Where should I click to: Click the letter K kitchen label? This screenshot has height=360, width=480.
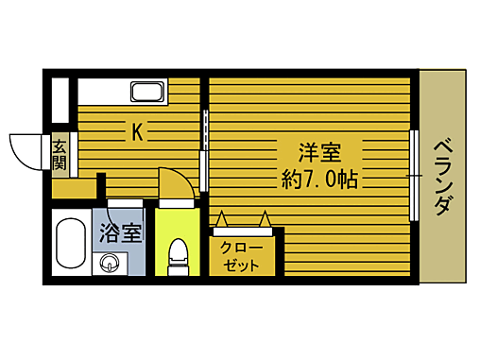[x=137, y=132]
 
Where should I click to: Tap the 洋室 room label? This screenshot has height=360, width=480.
[x=318, y=152]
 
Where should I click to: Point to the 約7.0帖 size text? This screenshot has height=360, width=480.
[x=318, y=179]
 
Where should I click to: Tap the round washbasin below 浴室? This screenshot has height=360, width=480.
[x=111, y=263]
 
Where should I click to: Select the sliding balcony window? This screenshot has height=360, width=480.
[x=414, y=176]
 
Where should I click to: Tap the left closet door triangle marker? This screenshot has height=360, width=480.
[x=223, y=217]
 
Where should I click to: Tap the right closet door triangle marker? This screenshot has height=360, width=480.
[x=266, y=217]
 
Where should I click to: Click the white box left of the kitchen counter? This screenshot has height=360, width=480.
[x=61, y=98]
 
